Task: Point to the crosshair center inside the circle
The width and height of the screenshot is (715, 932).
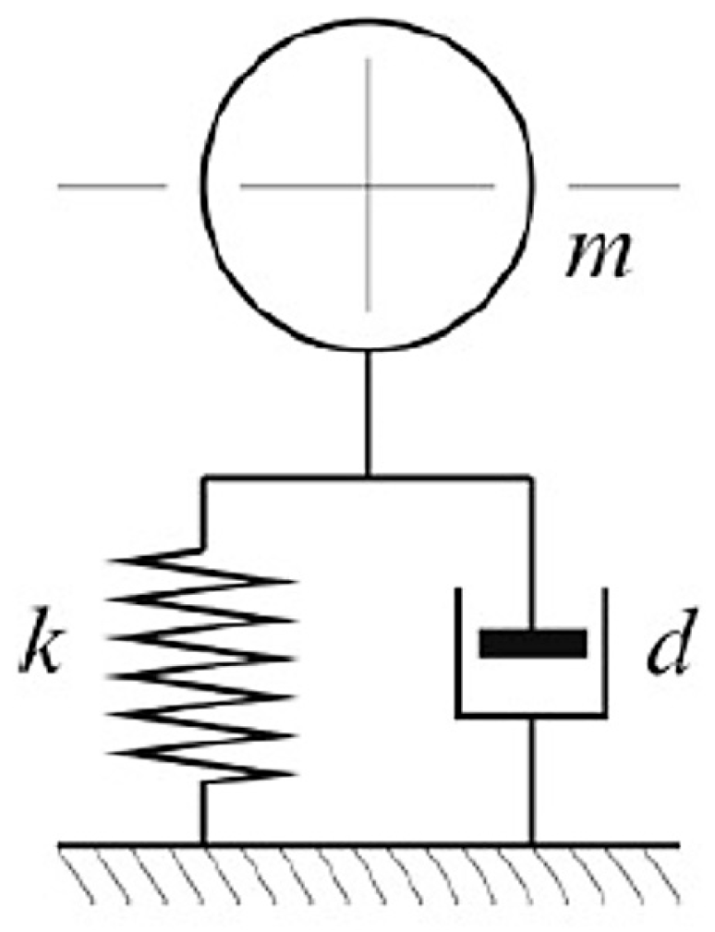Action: tap(368, 186)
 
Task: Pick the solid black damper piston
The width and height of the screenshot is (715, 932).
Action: tap(532, 644)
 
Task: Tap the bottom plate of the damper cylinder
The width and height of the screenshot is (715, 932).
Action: tap(531, 714)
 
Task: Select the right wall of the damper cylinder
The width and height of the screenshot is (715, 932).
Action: tap(605, 651)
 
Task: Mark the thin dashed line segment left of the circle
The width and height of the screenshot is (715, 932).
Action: tap(112, 186)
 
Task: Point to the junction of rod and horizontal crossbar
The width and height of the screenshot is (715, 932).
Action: tap(368, 478)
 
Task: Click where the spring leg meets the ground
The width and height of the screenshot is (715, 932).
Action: tap(203, 842)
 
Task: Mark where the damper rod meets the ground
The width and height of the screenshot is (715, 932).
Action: tap(532, 842)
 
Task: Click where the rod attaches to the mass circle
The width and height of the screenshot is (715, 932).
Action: tap(368, 352)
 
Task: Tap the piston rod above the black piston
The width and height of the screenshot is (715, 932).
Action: tap(531, 554)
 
